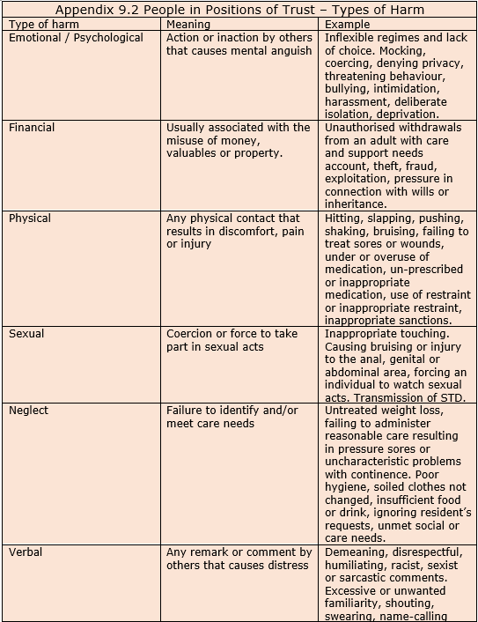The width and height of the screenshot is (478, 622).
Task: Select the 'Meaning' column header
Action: click(188, 25)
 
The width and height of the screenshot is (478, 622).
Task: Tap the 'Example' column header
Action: click(347, 25)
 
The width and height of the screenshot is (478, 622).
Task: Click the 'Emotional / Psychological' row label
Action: click(76, 38)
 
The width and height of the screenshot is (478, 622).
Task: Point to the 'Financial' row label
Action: click(32, 128)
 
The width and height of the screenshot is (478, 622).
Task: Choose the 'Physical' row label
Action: click(30, 218)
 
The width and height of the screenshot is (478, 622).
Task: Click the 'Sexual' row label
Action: click(28, 334)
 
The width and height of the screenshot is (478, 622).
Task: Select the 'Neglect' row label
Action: click(29, 411)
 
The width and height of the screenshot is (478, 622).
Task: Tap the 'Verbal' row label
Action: click(26, 552)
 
